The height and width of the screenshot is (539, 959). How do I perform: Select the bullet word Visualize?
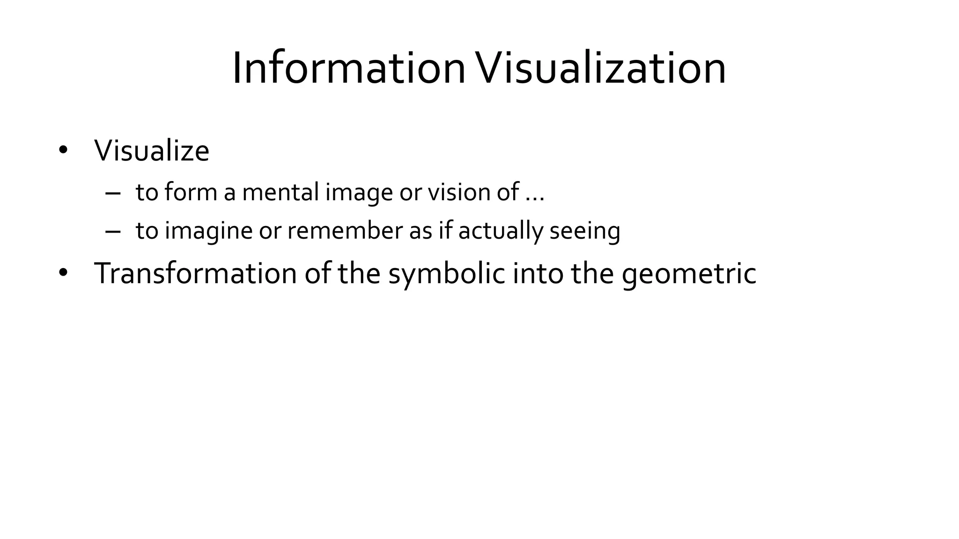coord(152,151)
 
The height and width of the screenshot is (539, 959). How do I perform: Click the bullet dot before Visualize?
coord(63,151)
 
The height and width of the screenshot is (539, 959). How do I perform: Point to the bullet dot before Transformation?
coord(63,273)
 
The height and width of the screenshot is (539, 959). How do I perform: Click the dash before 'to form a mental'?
coord(113,193)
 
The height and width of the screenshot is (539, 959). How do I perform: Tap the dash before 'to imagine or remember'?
coord(113,231)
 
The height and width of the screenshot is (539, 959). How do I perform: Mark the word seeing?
coord(585,231)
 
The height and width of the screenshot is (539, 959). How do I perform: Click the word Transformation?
coord(195,273)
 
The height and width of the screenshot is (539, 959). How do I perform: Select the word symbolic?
coord(447,274)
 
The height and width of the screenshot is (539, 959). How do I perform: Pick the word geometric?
coord(689,274)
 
